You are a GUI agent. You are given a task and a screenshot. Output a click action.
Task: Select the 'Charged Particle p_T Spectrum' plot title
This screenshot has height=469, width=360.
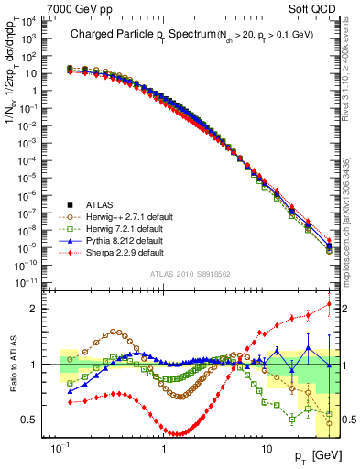(x=146, y=34)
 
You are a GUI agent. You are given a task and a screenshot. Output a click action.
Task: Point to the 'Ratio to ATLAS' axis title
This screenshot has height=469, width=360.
(x=15, y=365)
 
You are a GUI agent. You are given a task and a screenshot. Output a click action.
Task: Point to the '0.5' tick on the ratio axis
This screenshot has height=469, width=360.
(x=45, y=420)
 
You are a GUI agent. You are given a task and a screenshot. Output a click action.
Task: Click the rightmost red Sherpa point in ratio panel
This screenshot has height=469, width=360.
(x=329, y=304)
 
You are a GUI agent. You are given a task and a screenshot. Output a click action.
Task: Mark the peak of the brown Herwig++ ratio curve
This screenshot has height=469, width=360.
(x=115, y=332)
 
